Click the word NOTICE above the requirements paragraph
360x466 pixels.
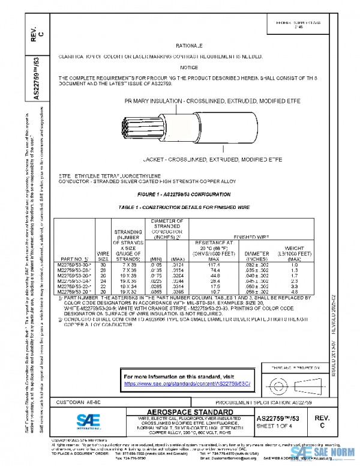pos(188,68)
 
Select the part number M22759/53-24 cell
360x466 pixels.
pos(74,280)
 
